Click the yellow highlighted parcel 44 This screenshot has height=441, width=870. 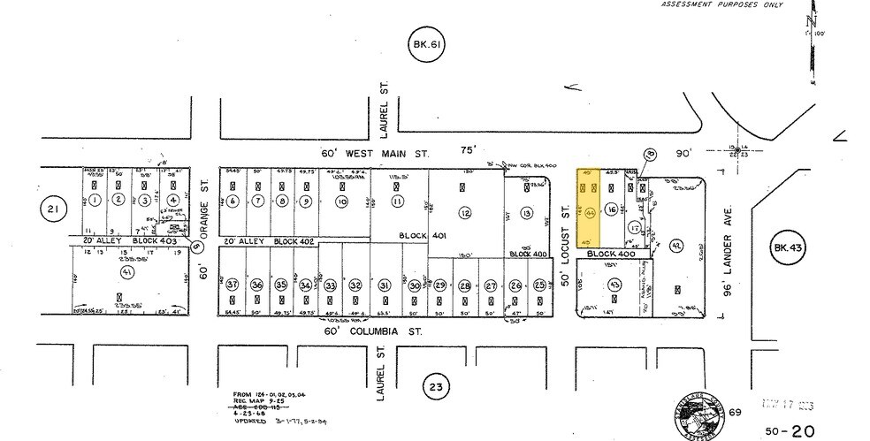(x=588, y=208)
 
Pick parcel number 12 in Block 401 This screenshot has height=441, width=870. (x=466, y=213)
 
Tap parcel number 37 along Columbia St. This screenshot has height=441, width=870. (x=233, y=285)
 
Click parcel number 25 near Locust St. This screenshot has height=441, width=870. (x=539, y=285)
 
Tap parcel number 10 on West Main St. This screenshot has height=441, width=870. (x=341, y=201)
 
